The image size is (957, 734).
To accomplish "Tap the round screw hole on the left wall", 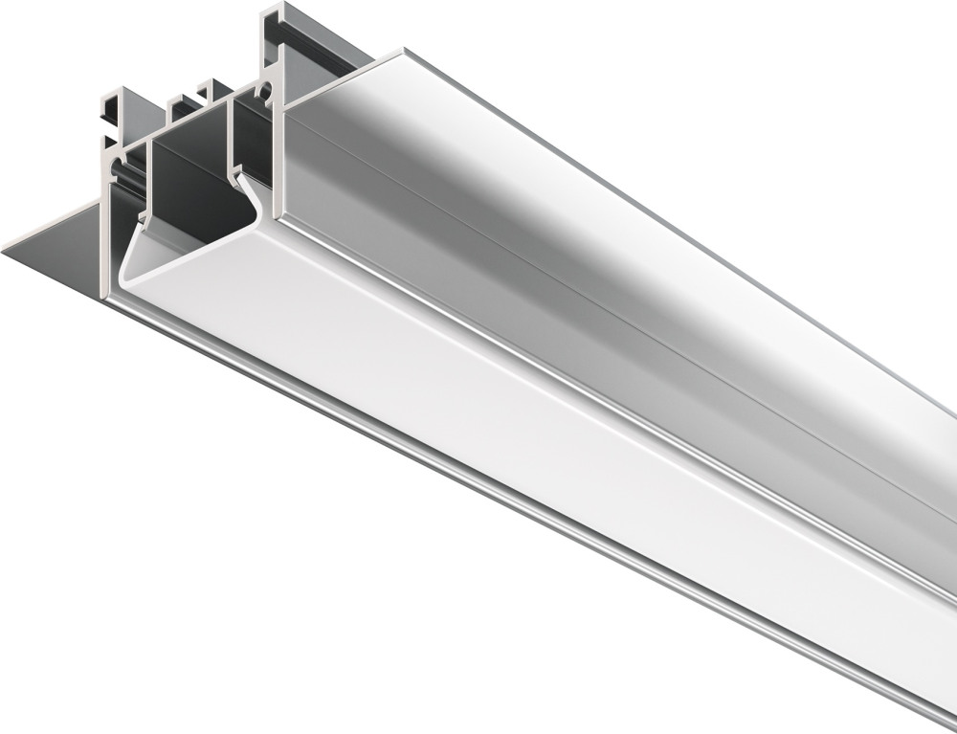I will click(x=118, y=173).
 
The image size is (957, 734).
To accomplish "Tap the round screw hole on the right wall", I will click(x=265, y=93).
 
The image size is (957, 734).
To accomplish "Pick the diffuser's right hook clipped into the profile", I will click(x=243, y=182).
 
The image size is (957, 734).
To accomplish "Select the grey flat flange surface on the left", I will click(x=57, y=249).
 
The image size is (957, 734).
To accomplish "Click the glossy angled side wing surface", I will click(x=574, y=220).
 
